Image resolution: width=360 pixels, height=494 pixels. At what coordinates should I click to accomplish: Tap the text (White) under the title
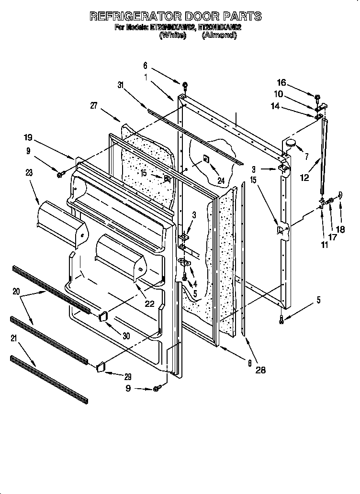(172, 35)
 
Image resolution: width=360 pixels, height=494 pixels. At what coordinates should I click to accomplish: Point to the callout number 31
(121, 85)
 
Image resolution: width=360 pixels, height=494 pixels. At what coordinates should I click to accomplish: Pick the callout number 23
(29, 173)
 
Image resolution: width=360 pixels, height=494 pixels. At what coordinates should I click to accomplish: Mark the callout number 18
(340, 229)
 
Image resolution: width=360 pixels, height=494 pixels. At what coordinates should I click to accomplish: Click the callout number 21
(13, 338)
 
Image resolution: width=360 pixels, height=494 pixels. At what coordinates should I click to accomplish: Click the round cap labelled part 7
(291, 143)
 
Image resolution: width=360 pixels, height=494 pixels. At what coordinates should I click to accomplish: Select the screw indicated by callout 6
(185, 86)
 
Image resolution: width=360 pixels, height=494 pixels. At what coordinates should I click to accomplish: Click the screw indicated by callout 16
(317, 97)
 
